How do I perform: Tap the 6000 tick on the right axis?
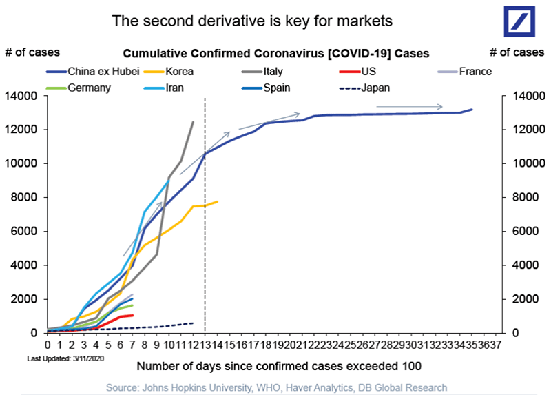523,231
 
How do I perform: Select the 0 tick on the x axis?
48,344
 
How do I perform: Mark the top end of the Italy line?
193,122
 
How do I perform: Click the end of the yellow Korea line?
218,202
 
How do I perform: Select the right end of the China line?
472,110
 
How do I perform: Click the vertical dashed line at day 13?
205,221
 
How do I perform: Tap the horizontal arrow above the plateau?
410,106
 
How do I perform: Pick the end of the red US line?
133,315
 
